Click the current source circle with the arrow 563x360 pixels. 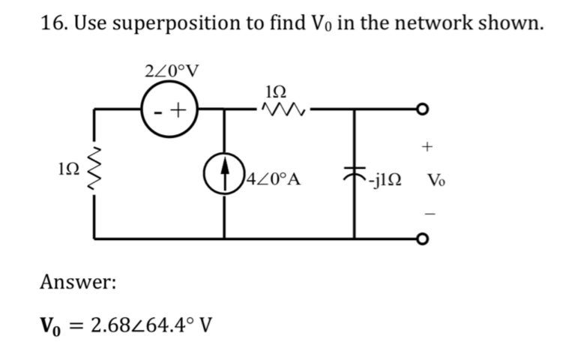click(224, 179)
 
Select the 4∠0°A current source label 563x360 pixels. click(275, 180)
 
